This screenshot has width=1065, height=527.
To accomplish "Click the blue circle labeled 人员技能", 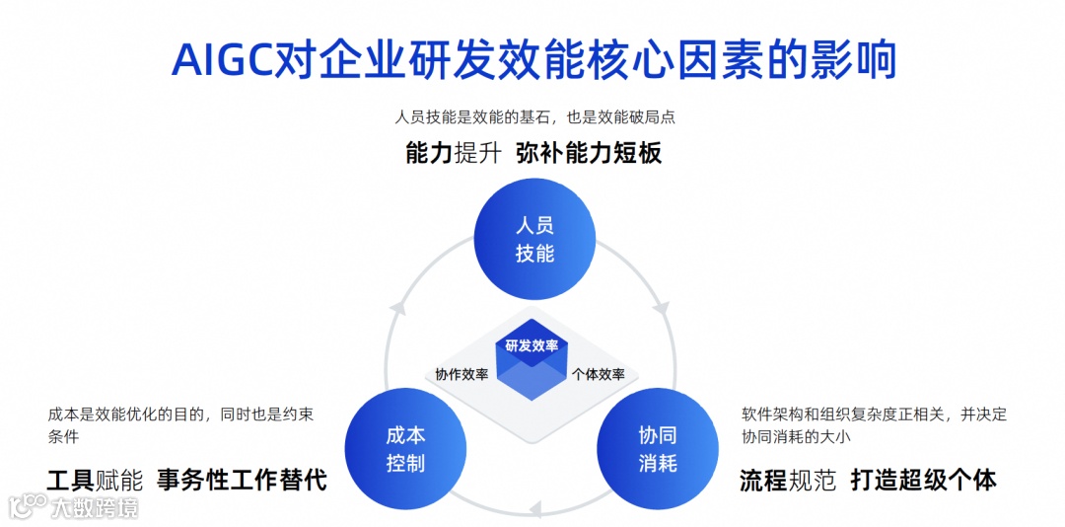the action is coord(534,240).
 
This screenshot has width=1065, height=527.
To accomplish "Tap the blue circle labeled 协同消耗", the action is coord(658,449).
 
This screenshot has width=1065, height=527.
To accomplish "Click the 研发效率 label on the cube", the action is coord(532,345).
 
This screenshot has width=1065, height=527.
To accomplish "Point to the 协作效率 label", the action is coord(461,375).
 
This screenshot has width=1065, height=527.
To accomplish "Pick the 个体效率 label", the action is coord(599,375).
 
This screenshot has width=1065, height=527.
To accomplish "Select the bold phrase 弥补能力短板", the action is coord(588,153).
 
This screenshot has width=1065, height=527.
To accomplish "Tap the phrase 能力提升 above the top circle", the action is coord(453,153).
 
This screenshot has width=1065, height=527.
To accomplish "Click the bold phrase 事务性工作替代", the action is coord(242,481).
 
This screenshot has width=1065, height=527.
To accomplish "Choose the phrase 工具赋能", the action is coord(95,481).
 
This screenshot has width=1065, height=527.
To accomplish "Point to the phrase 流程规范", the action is coord(788,481).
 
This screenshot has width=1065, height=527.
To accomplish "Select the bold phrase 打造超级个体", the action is coord(923,481).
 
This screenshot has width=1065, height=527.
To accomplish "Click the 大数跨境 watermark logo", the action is coord(74,507).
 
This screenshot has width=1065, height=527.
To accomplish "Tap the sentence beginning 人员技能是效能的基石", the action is coord(534,116).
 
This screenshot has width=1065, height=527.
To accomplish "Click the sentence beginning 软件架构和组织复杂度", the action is coord(874,425).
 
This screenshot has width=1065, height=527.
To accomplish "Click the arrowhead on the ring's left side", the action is coord(397,307).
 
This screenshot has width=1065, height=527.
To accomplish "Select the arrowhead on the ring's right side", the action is coord(662,307).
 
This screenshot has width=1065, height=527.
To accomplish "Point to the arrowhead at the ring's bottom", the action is coord(535,509).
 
